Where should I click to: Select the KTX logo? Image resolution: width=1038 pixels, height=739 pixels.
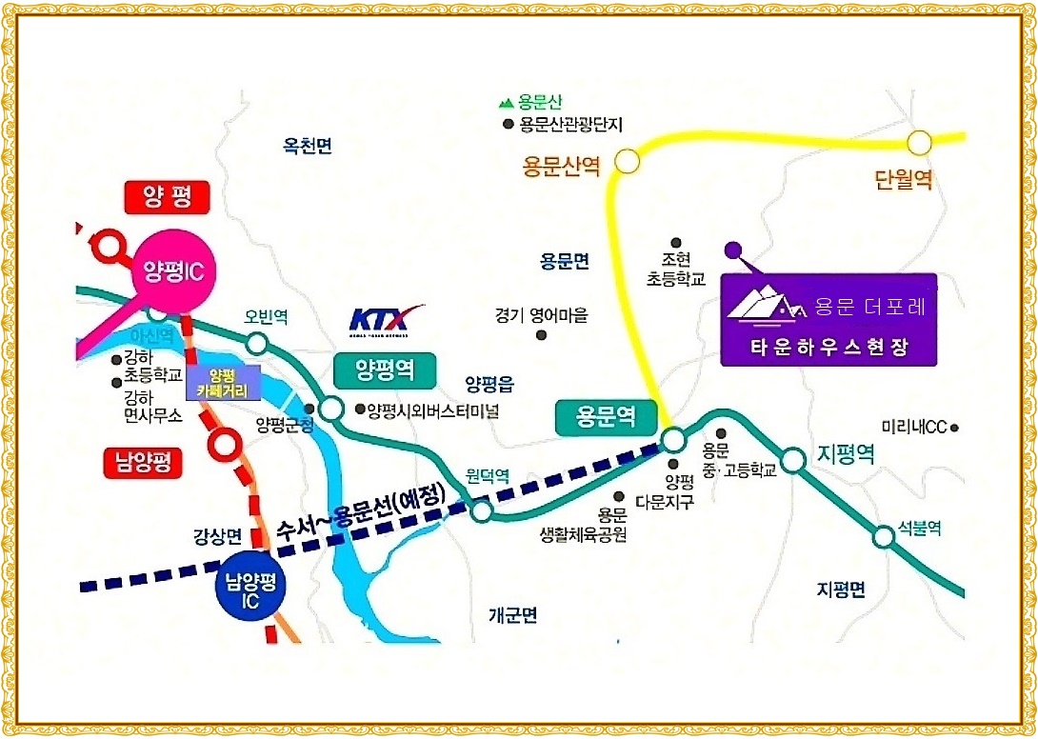coord(387,320)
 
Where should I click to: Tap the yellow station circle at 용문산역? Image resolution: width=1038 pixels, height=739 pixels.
coord(628,161)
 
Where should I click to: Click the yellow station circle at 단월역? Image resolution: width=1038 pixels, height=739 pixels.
coord(918,143)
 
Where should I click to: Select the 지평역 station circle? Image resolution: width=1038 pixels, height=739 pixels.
coord(792,463)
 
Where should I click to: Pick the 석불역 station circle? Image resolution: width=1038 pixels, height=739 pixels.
coord(885,536)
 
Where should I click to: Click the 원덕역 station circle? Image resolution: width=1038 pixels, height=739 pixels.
coord(482,511)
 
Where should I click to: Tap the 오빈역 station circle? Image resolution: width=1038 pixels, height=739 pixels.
coord(256,343)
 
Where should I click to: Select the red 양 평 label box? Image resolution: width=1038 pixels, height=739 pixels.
coord(167,198)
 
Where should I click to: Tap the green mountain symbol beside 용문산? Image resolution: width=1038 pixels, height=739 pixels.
coord(507,102)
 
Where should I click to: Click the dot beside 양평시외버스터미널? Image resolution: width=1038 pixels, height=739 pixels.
coord(359,410)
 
